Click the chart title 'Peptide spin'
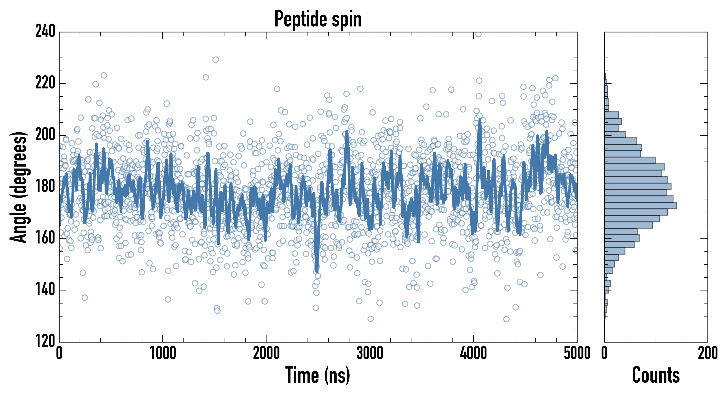click(318, 19)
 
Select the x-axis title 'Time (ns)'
click(318, 375)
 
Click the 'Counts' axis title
click(656, 375)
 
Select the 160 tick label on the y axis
click(45, 238)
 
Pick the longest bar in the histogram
click(640, 206)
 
